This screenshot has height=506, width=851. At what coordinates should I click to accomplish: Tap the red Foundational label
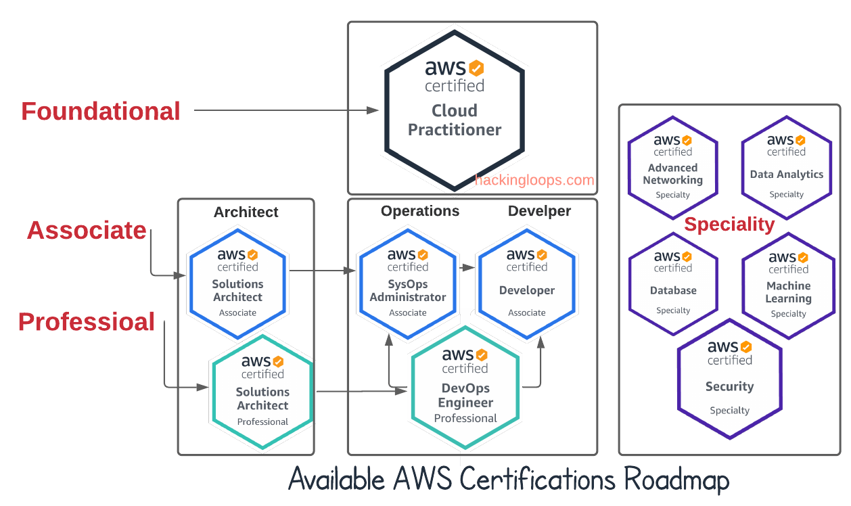click(101, 111)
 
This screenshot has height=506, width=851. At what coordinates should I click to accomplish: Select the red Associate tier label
click(87, 230)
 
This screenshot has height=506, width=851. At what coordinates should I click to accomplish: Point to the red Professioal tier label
click(87, 322)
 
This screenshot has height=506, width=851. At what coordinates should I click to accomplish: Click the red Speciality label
click(729, 225)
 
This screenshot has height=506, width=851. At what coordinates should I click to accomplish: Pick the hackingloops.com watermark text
click(534, 180)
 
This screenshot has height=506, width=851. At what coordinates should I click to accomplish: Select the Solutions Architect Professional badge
click(262, 391)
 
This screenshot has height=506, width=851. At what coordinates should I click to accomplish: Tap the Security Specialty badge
click(729, 379)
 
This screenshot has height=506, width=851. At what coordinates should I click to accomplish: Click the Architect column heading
click(246, 212)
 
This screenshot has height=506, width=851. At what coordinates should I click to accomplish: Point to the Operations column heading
click(420, 211)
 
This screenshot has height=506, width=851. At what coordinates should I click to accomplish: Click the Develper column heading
click(539, 211)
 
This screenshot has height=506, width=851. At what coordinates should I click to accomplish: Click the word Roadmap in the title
click(676, 480)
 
